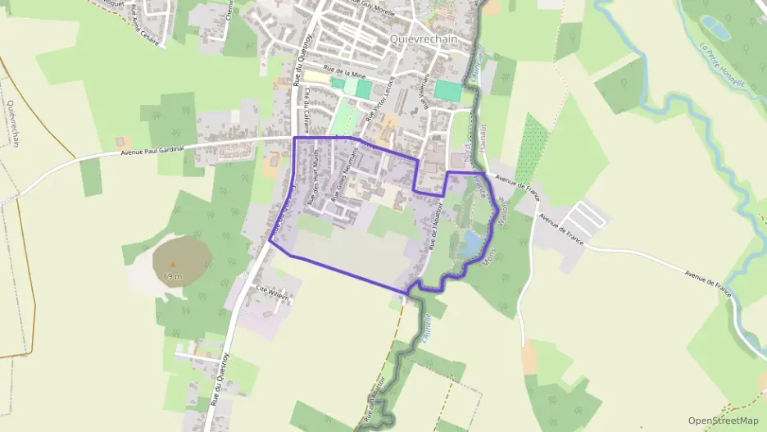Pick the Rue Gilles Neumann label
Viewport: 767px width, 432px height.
pos(345,175)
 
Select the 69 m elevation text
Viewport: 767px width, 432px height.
pos(172,276)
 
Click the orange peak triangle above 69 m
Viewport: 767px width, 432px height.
pos(172,264)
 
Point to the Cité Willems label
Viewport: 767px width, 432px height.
pos(273,293)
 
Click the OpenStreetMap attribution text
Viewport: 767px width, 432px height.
pos(723,421)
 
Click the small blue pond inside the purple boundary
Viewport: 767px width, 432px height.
pos(470,243)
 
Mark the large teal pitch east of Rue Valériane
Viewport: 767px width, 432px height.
pos(447,90)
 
